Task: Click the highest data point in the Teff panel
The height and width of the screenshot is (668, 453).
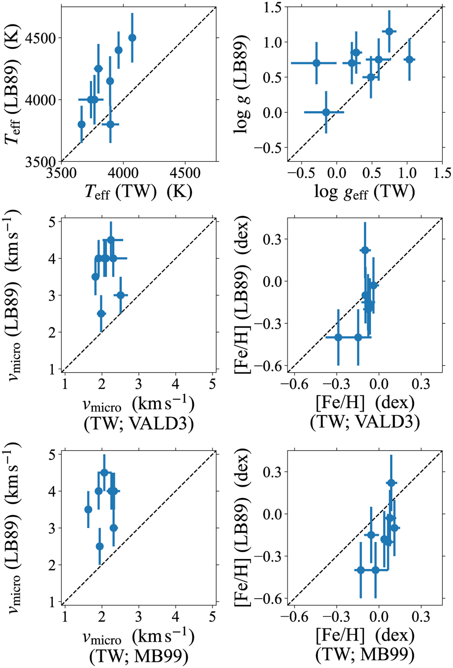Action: coord(132,38)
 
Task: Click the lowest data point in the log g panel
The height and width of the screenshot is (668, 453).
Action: coord(326,112)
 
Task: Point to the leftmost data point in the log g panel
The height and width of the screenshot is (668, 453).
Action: coord(316,63)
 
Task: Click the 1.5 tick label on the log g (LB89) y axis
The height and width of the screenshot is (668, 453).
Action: coord(271,8)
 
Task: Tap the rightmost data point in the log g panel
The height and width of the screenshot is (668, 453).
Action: coord(409,60)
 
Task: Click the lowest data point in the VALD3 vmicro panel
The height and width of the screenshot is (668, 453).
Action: coord(101,313)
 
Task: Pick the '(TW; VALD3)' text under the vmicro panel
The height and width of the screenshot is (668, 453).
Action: coord(139,424)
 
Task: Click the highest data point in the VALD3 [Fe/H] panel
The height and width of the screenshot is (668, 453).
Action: coord(365,250)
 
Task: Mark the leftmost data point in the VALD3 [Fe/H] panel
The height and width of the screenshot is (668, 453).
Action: coord(338,337)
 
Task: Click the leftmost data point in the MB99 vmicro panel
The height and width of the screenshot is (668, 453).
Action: coord(88,510)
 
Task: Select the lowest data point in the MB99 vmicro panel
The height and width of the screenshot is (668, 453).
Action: coord(100,546)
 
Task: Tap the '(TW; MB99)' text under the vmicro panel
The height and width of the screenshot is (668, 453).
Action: coord(139,657)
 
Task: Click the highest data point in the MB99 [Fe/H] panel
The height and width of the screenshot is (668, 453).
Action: coord(391,483)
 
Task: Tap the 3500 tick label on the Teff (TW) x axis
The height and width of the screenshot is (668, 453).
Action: coord(61,173)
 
